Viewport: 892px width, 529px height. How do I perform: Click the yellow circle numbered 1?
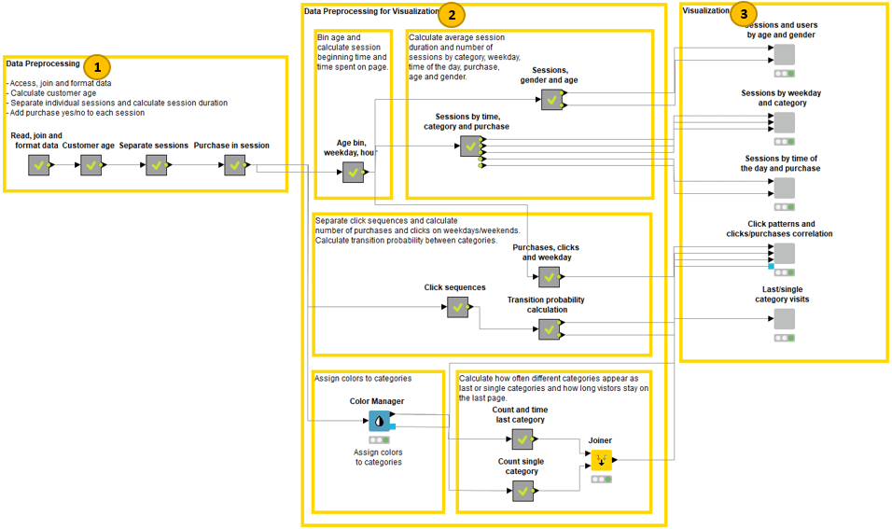pyautogui.click(x=97, y=66)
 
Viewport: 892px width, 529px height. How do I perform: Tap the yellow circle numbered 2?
pyautogui.click(x=452, y=14)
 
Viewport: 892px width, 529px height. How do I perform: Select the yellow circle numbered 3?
pyautogui.click(x=743, y=14)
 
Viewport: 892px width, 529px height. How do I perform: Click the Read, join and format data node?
pyautogui.click(x=38, y=165)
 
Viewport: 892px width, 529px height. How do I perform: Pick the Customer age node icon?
pyautogui.click(x=91, y=165)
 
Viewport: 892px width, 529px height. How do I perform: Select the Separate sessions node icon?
pyautogui.click(x=155, y=165)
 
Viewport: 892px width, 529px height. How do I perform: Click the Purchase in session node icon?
pyautogui.click(x=234, y=165)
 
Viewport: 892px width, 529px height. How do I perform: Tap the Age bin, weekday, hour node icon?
pyautogui.click(x=353, y=173)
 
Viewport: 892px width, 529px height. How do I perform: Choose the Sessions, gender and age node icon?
pyautogui.click(x=551, y=100)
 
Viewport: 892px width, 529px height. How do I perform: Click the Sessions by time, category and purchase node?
pyautogui.click(x=470, y=146)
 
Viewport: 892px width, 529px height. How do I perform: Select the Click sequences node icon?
pyautogui.click(x=457, y=307)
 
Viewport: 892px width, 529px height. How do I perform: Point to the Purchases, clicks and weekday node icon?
pyautogui.click(x=549, y=276)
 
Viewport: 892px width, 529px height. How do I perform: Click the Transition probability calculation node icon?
pyautogui.click(x=549, y=328)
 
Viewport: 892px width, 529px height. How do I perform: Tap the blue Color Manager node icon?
pyautogui.click(x=379, y=422)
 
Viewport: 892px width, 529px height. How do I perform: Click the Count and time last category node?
pyautogui.click(x=523, y=439)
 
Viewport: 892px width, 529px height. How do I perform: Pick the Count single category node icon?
pyautogui.click(x=523, y=491)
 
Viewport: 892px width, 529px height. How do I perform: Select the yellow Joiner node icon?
pyautogui.click(x=601, y=459)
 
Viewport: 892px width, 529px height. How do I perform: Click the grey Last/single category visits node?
pyautogui.click(x=784, y=319)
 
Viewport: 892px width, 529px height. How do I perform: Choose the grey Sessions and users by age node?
pyautogui.click(x=784, y=54)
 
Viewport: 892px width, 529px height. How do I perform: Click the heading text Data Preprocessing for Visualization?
pyautogui.click(x=371, y=11)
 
